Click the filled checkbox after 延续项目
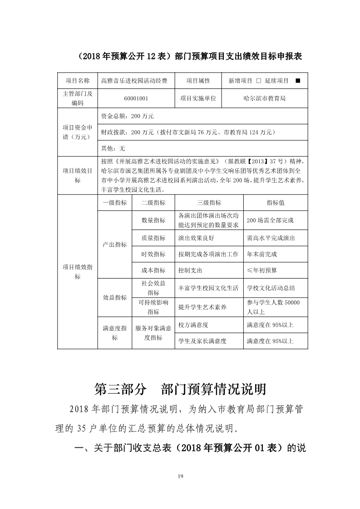297,81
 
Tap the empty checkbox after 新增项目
258,81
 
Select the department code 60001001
136,98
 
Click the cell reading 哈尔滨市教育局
264,98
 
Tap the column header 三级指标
209,203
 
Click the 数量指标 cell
153,220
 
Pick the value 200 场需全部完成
270,220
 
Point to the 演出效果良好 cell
197,238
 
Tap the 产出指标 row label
114,245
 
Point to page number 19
180,476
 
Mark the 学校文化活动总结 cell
271,288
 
